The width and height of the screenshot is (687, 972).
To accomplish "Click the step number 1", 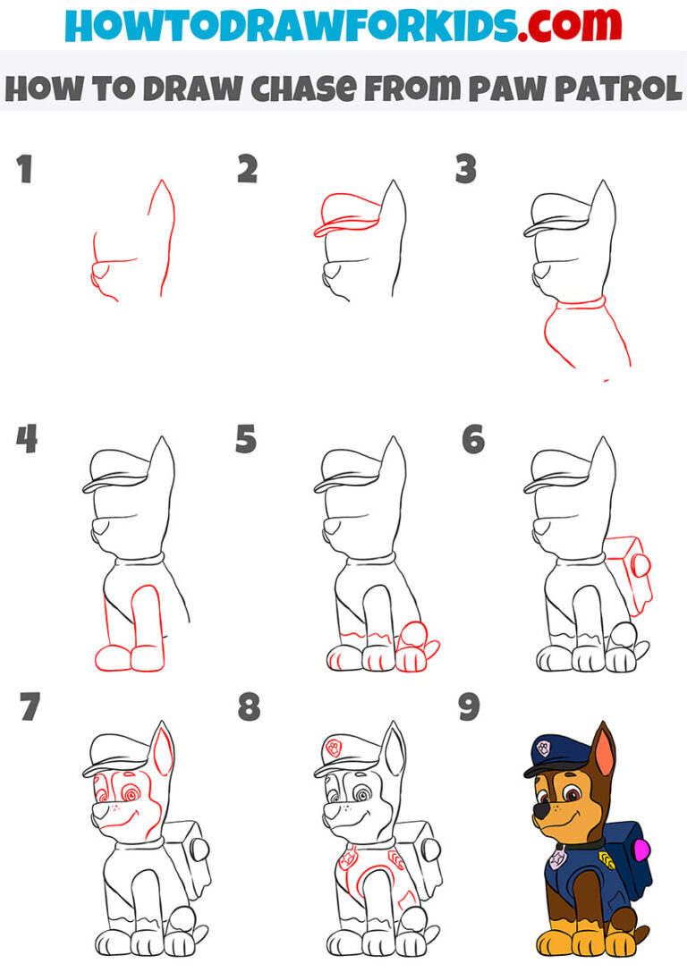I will (x=23, y=170).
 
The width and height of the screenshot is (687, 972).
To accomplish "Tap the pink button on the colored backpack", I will (x=640, y=847).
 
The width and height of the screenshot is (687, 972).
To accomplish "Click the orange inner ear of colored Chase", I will (x=607, y=754).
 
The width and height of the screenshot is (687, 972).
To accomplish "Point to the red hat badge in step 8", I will (x=332, y=747).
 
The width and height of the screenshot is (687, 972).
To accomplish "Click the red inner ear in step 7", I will (x=164, y=754).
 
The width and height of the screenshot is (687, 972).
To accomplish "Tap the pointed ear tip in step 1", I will (x=162, y=182).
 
